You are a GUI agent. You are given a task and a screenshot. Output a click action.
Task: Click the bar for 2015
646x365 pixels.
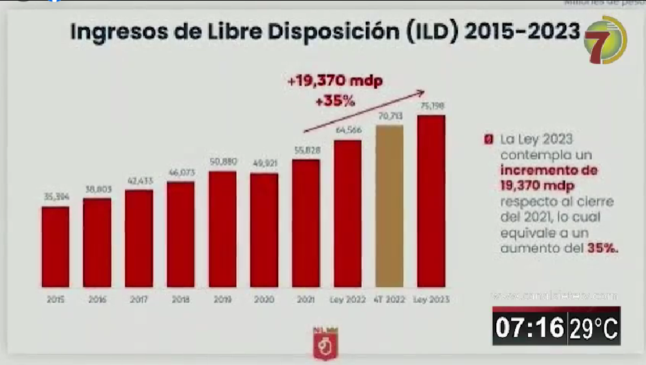point(55,246)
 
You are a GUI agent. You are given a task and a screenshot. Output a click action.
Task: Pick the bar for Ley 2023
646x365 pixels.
point(431,201)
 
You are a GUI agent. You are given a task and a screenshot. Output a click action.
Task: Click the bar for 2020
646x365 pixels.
point(264,230)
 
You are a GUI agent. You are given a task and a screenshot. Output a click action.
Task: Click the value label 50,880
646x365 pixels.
point(222,162)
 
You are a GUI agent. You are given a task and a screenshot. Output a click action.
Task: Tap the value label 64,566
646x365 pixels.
point(348,130)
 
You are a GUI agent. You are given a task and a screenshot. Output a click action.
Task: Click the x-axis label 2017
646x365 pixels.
point(139,300)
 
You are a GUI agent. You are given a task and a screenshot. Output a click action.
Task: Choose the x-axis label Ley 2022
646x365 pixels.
point(348,300)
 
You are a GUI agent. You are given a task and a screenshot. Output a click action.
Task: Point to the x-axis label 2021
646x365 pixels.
point(305,300)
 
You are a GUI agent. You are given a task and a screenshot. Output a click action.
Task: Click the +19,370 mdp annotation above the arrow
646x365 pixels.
point(335,82)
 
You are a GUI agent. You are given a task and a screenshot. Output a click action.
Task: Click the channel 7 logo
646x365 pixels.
point(604,40)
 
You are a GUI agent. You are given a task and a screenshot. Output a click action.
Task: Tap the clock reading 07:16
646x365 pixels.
point(529,328)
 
